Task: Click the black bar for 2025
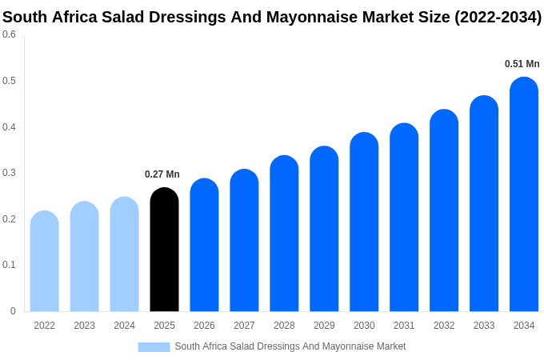click(x=164, y=252)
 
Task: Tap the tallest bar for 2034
click(x=524, y=196)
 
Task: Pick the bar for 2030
click(x=364, y=224)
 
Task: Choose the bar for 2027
click(x=244, y=242)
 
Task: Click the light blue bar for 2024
click(x=124, y=256)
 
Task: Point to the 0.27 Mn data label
click(x=162, y=174)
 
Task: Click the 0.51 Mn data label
click(x=522, y=64)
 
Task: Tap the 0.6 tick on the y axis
click(x=9, y=34)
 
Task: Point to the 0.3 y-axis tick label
click(x=9, y=173)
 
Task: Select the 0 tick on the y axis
click(x=13, y=311)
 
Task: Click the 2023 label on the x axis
click(x=84, y=326)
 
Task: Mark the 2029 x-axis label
click(x=324, y=326)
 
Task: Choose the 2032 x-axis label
click(x=444, y=326)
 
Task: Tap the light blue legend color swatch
click(x=154, y=347)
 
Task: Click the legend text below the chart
click(x=290, y=346)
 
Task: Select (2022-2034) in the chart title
click(x=498, y=17)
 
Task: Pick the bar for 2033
click(x=484, y=205)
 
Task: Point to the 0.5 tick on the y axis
click(x=9, y=81)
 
